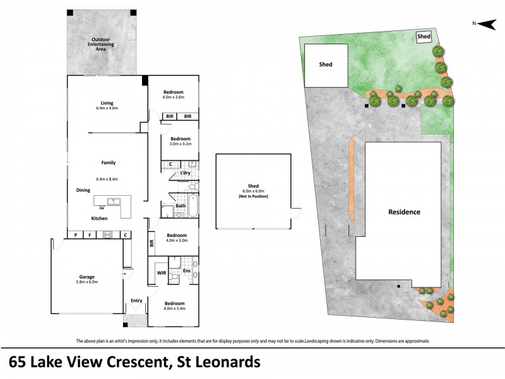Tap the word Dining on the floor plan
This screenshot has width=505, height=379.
[x=83, y=189]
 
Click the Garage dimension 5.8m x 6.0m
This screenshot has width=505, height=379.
[x=86, y=282]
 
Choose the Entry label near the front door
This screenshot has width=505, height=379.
[x=136, y=301]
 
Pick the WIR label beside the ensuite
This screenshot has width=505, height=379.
[x=162, y=273]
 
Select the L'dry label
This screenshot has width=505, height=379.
[x=185, y=172]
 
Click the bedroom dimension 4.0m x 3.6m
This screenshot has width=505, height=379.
[x=172, y=97]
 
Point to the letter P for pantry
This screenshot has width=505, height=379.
[x=76, y=235]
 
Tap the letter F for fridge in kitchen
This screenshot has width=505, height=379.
[x=90, y=235]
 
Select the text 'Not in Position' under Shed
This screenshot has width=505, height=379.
[x=253, y=196]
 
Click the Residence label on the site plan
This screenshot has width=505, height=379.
[x=403, y=212]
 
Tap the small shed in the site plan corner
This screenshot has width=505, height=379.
[x=424, y=37]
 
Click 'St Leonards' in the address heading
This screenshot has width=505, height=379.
[x=215, y=363]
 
